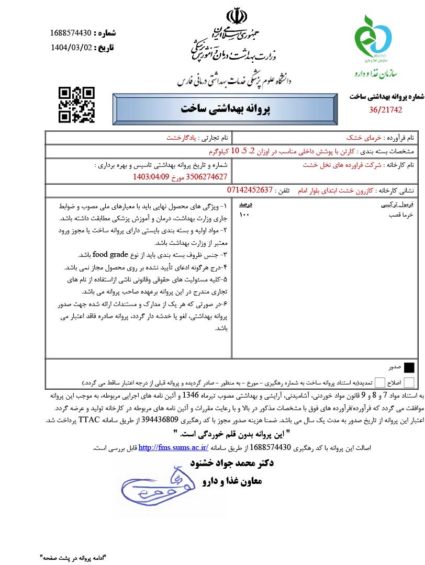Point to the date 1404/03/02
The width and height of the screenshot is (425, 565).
(71, 48)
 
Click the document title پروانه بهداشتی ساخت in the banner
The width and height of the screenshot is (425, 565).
(218, 109)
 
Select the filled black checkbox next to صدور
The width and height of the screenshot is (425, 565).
(409, 367)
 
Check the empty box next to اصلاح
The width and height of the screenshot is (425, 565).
(409, 382)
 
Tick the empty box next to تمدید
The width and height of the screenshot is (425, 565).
(380, 382)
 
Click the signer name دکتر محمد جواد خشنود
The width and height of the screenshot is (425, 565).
(230, 464)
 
